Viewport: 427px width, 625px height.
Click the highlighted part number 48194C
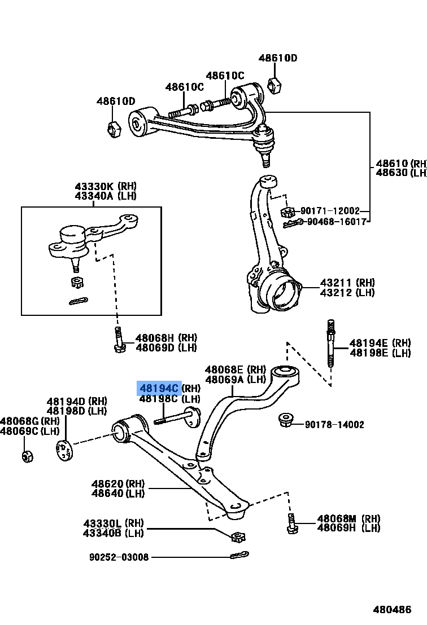159,388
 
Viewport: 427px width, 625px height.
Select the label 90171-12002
330,211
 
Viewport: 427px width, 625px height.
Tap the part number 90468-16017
336,222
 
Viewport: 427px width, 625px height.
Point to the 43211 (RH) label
347,283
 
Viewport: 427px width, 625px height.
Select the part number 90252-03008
119,557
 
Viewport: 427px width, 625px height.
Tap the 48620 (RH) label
117,483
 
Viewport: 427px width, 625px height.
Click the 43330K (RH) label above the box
105,186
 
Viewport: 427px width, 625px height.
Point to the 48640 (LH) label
117,494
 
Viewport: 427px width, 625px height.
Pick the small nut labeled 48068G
27,455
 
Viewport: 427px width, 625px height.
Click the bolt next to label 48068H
119,340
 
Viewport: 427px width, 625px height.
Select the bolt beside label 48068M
291,523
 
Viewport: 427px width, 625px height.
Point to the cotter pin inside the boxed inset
79,301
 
